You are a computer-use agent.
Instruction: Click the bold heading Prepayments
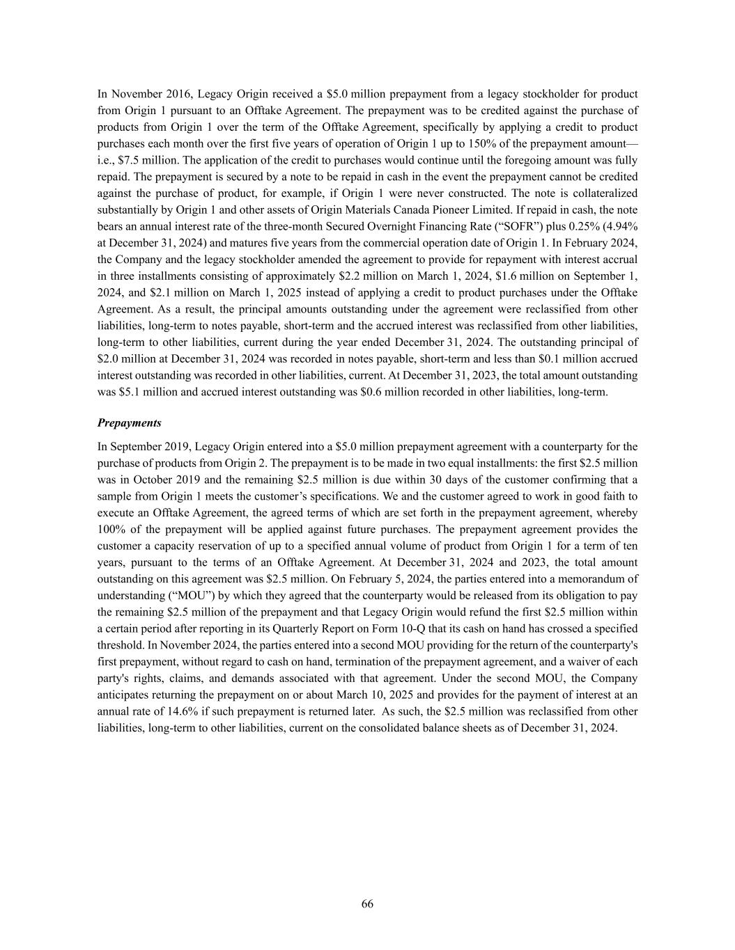pos(129,422)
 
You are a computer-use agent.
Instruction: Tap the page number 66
pos(367,903)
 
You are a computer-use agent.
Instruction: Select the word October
pos(153,480)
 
